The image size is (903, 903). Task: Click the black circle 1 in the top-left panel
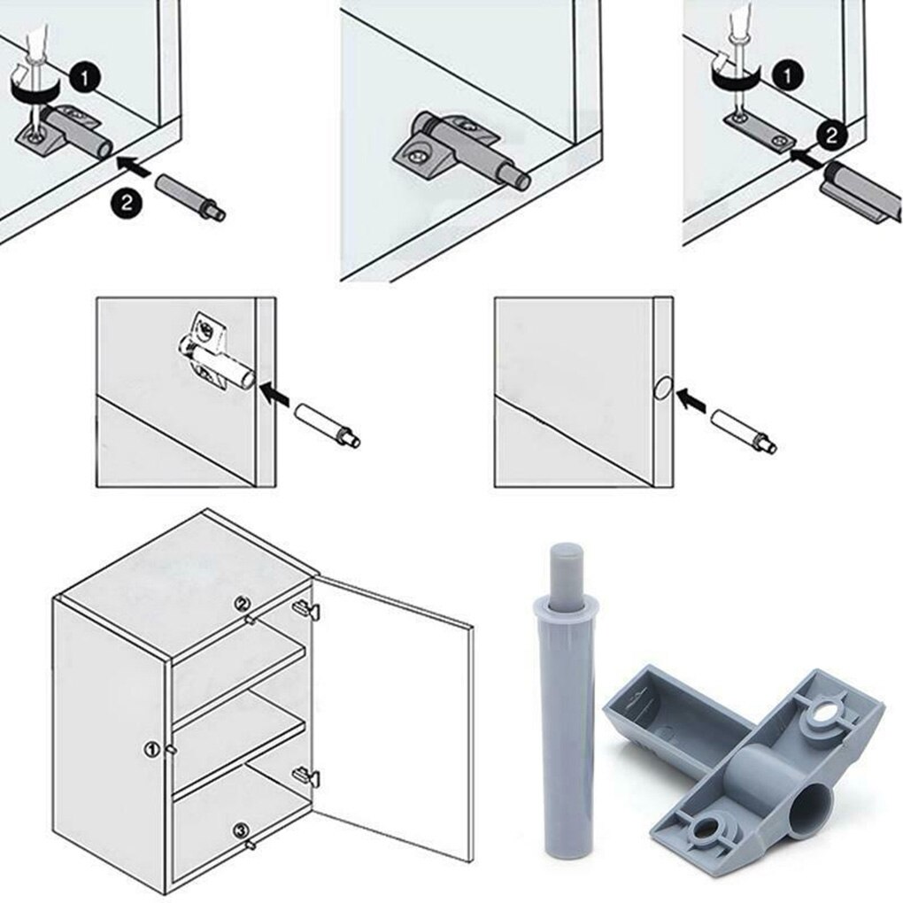click(84, 80)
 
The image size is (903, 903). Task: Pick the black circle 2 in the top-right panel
click(830, 134)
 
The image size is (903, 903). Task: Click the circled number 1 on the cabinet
click(151, 749)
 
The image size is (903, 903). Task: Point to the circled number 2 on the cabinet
click(242, 605)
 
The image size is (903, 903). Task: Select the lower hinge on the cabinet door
click(304, 776)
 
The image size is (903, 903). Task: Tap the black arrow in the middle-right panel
click(694, 404)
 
